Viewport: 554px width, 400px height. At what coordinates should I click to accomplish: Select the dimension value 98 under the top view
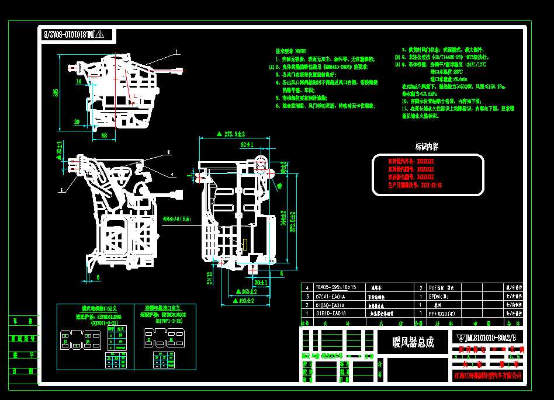tap(104, 135)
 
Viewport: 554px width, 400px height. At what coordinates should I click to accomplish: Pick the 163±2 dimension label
tap(245, 290)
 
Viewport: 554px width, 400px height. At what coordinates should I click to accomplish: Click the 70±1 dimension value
tap(261, 283)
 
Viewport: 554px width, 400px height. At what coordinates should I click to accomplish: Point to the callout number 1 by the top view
tap(175, 52)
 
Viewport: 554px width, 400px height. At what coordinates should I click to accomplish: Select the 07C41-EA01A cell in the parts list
tap(330, 296)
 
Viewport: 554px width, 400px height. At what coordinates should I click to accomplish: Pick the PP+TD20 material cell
tap(446, 314)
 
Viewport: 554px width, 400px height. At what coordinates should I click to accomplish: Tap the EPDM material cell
tap(439, 296)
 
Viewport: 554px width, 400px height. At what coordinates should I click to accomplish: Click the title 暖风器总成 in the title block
tap(413, 342)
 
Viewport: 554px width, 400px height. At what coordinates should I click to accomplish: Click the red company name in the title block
tap(488, 375)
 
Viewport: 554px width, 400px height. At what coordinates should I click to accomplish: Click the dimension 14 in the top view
tap(78, 82)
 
